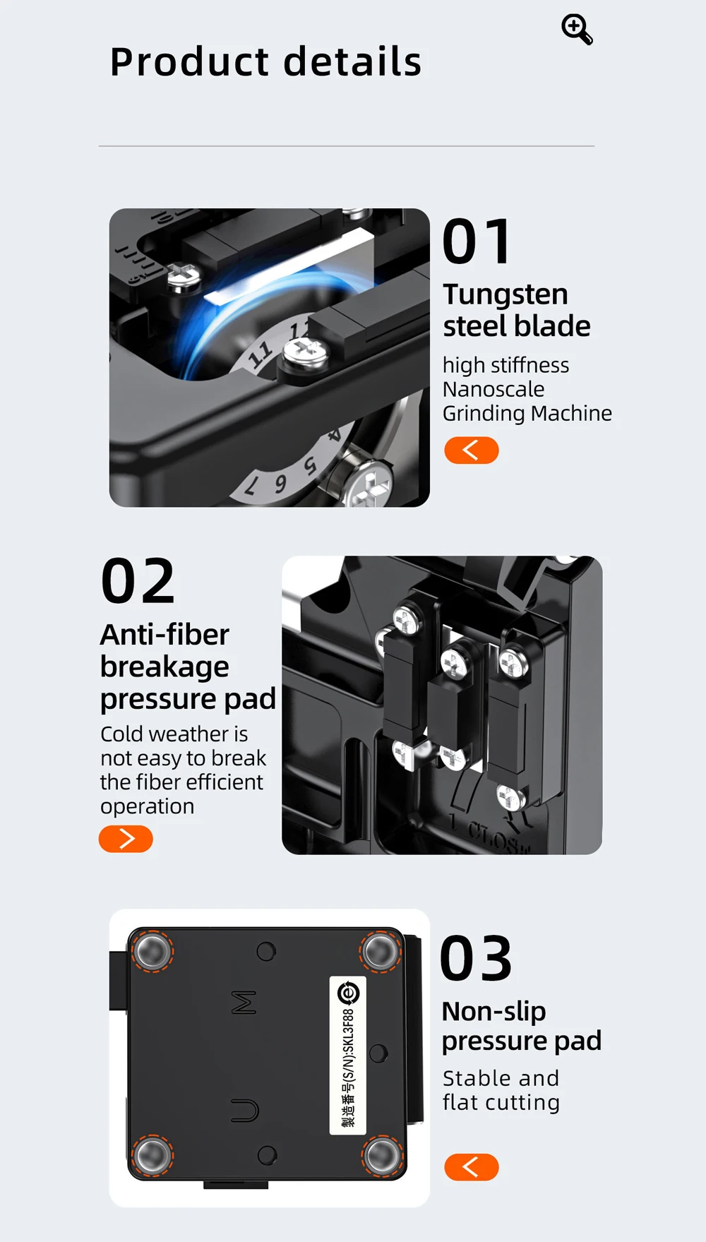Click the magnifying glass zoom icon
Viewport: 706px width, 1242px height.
click(x=577, y=30)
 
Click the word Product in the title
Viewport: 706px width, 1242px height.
click(x=190, y=61)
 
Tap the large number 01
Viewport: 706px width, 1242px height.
click(x=477, y=241)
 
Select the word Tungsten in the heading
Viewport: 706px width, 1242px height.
click(x=505, y=294)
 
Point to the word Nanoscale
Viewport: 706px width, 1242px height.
click(x=493, y=389)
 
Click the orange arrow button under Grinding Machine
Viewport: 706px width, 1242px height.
click(x=472, y=450)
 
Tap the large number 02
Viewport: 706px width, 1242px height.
click(x=138, y=582)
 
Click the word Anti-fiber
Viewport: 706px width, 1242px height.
click(x=164, y=634)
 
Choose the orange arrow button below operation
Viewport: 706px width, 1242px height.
click(x=126, y=839)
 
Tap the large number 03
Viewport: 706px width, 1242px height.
click(x=477, y=959)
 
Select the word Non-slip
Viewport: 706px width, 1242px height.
click(x=493, y=1011)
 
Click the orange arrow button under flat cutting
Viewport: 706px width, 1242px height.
click(x=472, y=1167)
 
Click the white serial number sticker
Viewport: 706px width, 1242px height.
click(x=348, y=1056)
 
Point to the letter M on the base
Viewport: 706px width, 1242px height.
click(x=244, y=1002)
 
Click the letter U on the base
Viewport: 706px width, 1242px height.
click(x=245, y=1111)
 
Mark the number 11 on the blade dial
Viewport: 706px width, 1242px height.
click(x=261, y=353)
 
